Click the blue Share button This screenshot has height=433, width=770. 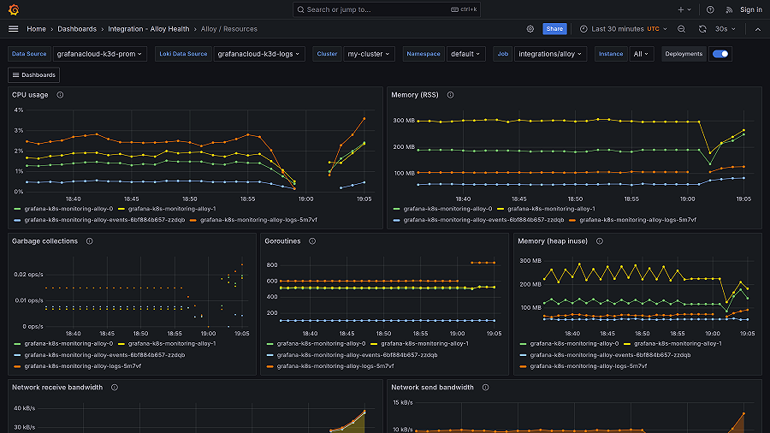point(554,28)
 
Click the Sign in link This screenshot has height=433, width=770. point(750,9)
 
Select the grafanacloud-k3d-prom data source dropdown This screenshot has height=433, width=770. point(100,54)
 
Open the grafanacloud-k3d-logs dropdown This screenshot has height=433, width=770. point(260,54)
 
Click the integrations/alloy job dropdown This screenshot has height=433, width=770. point(550,54)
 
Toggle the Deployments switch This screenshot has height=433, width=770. point(720,54)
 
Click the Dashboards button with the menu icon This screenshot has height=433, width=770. point(34,74)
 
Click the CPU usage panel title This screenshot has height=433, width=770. point(30,95)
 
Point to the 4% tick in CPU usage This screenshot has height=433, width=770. point(18,110)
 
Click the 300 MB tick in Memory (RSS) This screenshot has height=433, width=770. point(404,121)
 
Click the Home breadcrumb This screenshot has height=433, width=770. point(36,28)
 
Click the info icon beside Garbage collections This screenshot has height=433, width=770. point(89,241)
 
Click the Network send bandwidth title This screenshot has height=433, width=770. point(432,387)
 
